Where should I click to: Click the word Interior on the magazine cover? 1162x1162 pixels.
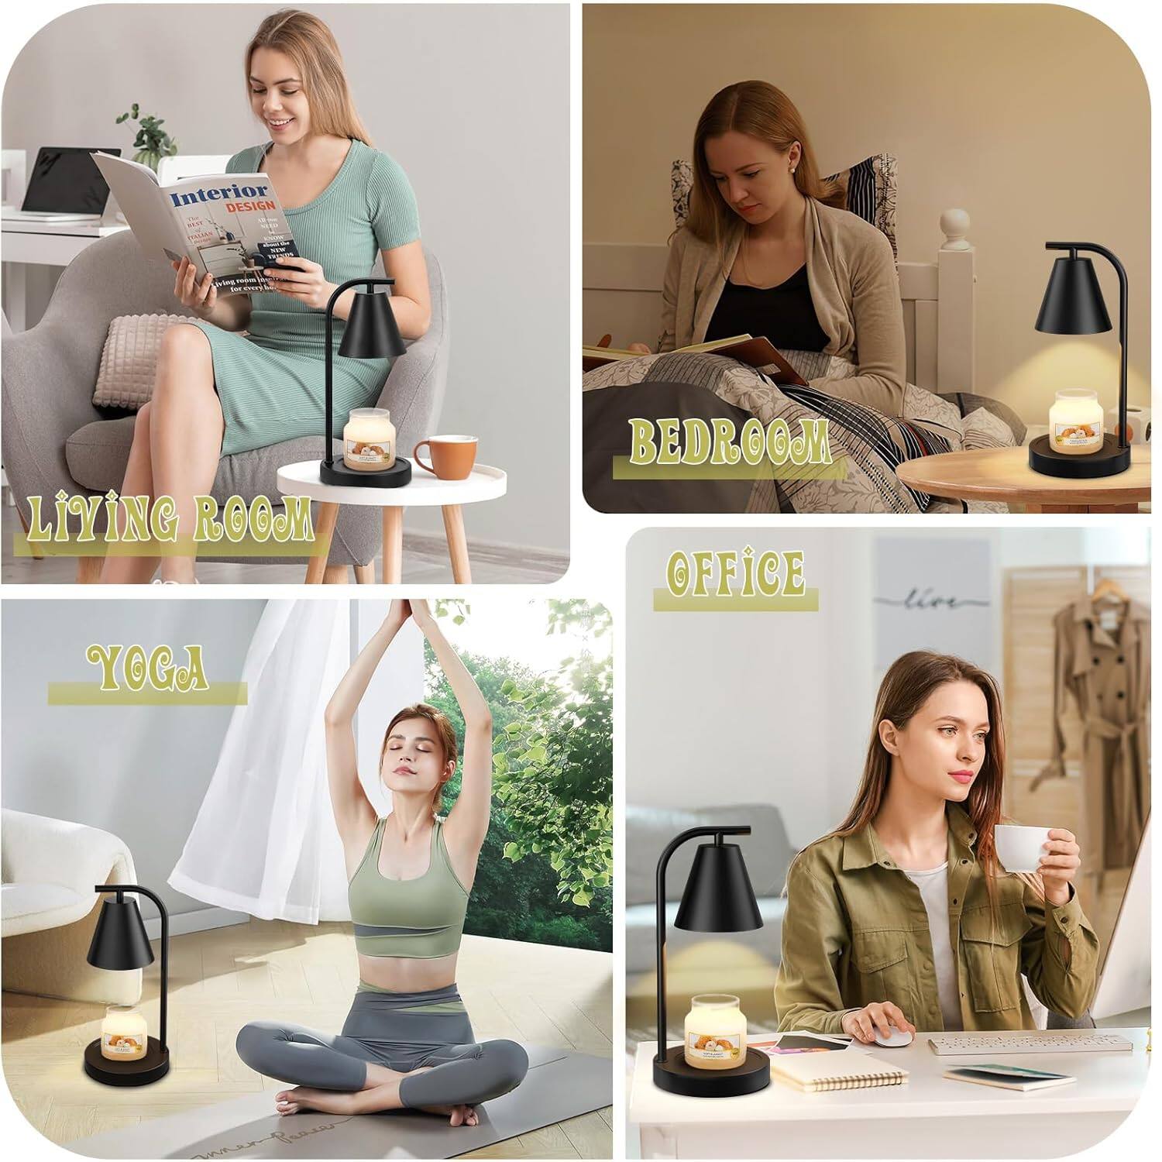point(219,191)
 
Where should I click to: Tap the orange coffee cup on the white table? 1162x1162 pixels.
point(445,457)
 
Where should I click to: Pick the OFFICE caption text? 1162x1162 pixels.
point(736,573)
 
